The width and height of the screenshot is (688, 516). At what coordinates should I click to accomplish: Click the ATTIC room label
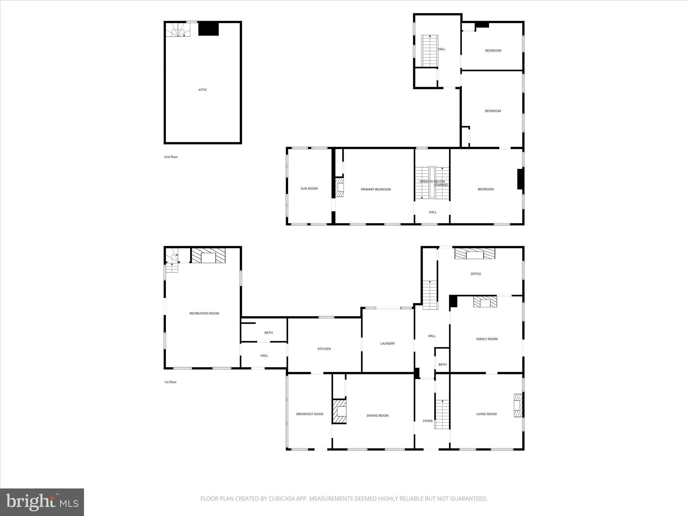point(203,90)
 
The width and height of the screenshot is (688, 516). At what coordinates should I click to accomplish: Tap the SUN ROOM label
point(309,188)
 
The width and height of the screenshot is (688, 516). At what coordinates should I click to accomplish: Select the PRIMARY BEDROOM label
point(376,189)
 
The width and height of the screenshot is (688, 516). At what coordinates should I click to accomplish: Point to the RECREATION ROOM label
point(204,313)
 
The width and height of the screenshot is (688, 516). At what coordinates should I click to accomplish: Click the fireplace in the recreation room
point(208,256)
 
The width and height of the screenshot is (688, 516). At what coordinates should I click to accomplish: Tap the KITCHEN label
point(324,349)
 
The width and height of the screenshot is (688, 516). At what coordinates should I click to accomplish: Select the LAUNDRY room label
point(387,343)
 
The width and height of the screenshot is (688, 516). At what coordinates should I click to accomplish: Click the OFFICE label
point(475,274)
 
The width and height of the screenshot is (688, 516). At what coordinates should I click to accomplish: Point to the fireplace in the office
point(475,253)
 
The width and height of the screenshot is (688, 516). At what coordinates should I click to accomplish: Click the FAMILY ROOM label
point(486,339)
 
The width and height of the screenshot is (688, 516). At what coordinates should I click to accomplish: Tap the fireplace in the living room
point(518,405)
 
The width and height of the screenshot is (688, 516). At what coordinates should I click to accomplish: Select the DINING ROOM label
point(377,416)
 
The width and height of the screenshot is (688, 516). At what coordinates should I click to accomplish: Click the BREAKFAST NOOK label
point(309,414)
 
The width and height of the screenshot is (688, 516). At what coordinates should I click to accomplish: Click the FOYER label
point(427,421)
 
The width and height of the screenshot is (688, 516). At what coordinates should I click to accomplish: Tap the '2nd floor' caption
point(171,157)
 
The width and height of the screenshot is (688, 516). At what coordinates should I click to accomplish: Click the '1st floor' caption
point(170,382)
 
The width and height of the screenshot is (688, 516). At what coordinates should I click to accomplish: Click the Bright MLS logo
point(42,502)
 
